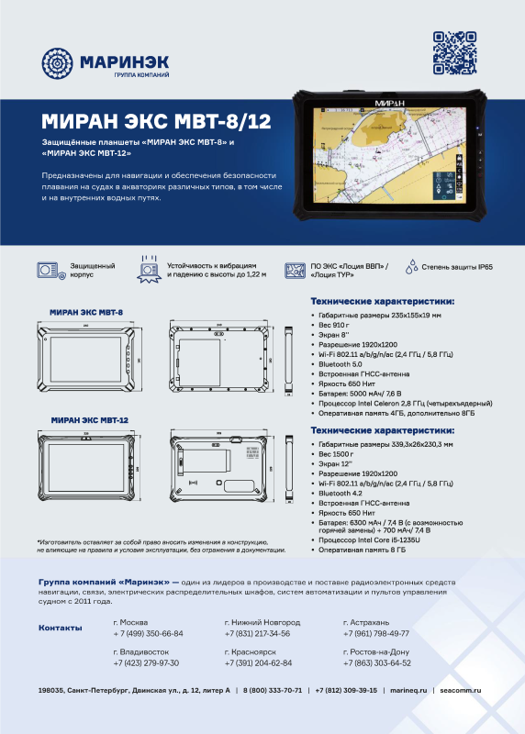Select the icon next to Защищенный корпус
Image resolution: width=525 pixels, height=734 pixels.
click(50, 270)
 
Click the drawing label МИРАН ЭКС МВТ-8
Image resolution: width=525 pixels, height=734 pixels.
click(87, 312)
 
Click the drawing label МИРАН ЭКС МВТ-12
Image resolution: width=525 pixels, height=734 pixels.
click(89, 418)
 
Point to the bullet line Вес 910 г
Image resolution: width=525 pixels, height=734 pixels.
click(338, 326)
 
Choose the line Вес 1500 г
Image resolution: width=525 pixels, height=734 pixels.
click(340, 454)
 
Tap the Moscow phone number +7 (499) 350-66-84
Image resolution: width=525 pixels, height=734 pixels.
click(148, 633)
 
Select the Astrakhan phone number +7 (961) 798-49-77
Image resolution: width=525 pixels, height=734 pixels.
click(375, 633)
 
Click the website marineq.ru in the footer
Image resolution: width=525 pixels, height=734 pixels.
click(408, 690)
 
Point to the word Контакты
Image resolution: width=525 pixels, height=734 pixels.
click(61, 628)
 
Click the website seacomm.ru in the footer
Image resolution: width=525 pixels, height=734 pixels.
click(461, 690)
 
